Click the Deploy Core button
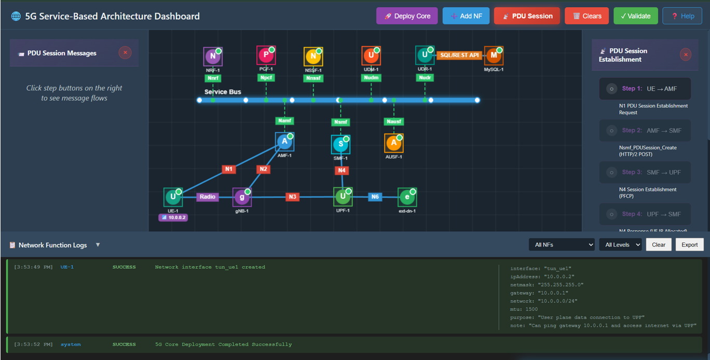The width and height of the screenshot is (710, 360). pyautogui.click(x=407, y=16)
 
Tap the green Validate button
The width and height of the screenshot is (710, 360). pyautogui.click(x=635, y=16)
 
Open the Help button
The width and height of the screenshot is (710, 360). pyautogui.click(x=682, y=16)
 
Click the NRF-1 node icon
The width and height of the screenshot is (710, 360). pyautogui.click(x=213, y=57)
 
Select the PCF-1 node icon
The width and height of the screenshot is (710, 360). pyautogui.click(x=266, y=55)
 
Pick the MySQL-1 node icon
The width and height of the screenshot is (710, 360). pyautogui.click(x=494, y=56)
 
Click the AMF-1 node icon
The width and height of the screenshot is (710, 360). pyautogui.click(x=284, y=142)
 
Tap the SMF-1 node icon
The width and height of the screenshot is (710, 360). pyautogui.click(x=340, y=145)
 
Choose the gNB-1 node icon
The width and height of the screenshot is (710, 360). pyautogui.click(x=242, y=197)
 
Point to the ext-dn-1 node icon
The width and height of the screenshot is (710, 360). pyautogui.click(x=407, y=197)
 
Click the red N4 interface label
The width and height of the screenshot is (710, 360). pyautogui.click(x=341, y=170)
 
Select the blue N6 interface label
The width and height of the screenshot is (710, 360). pyautogui.click(x=375, y=197)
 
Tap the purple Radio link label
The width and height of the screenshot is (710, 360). pyautogui.click(x=208, y=197)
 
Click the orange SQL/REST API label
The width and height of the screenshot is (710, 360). pyautogui.click(x=459, y=55)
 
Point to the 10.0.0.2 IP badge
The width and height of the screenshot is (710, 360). pyautogui.click(x=173, y=218)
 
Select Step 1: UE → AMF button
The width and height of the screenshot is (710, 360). pyautogui.click(x=645, y=89)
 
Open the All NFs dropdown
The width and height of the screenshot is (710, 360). pyautogui.click(x=562, y=245)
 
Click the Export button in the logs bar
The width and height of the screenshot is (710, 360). pyautogui.click(x=689, y=245)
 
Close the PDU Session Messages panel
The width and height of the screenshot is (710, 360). pyautogui.click(x=125, y=52)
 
